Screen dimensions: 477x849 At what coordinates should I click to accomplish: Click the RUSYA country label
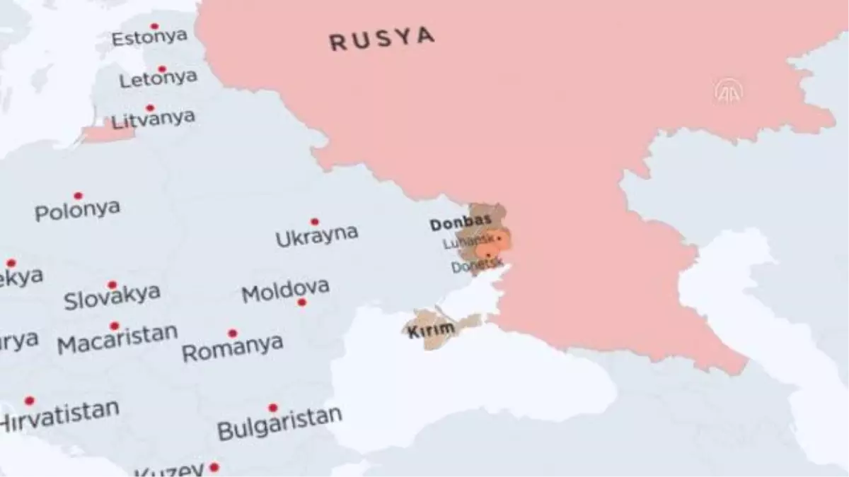pyautogui.click(x=381, y=39)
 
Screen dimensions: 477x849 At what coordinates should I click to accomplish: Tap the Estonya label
pyautogui.click(x=149, y=37)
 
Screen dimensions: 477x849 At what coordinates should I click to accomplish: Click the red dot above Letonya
pyautogui.click(x=162, y=69)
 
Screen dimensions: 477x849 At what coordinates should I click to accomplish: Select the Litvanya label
pyautogui.click(x=153, y=120)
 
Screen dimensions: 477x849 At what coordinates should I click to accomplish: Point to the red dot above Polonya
pyautogui.click(x=78, y=196)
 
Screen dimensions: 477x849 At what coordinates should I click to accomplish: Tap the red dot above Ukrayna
pyautogui.click(x=314, y=222)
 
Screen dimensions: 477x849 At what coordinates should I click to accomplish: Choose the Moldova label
pyautogui.click(x=285, y=290)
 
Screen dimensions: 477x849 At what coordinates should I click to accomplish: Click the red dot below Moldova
pyautogui.click(x=301, y=302)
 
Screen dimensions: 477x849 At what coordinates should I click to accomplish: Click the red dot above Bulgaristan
pyautogui.click(x=272, y=408)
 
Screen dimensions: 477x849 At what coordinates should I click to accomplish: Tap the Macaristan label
pyautogui.click(x=117, y=342)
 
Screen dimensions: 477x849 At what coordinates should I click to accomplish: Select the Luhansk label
pyautogui.click(x=461, y=243)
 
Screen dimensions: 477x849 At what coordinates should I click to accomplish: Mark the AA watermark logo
pyautogui.click(x=728, y=91)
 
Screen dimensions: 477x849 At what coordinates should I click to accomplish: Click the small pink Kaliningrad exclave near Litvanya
pyautogui.click(x=106, y=134)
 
